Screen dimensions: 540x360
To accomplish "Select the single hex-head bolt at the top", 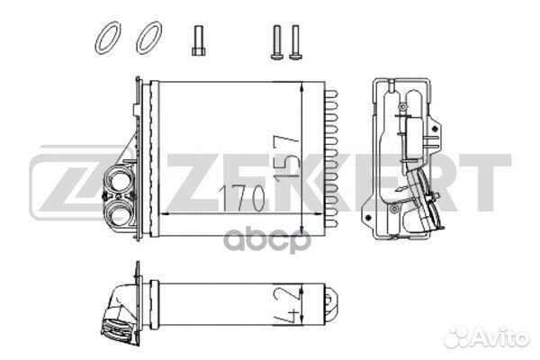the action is click(x=198, y=40).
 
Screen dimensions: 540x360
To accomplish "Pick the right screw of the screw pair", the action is click(x=295, y=42).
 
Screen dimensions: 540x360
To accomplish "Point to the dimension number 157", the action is click(x=286, y=157).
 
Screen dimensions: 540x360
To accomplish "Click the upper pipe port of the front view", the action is click(x=120, y=181).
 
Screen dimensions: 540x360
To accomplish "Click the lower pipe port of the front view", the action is click(x=118, y=213).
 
